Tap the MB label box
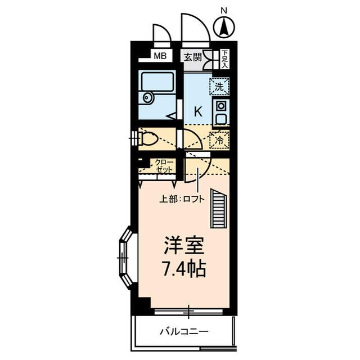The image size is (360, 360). point(160,56)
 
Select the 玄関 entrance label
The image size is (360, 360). point(192,56)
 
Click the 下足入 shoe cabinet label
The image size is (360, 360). point(224,58)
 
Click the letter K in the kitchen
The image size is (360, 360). point(197,111)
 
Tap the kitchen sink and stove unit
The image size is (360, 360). point(220,112)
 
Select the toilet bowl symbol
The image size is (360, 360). point(149,138)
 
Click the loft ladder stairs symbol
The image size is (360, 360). point(218,209)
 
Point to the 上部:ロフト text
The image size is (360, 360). point(180,198)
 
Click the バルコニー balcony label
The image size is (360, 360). point(183,331)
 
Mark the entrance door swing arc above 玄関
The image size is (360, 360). point(195,28)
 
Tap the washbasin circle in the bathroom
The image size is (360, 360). point(147,97)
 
